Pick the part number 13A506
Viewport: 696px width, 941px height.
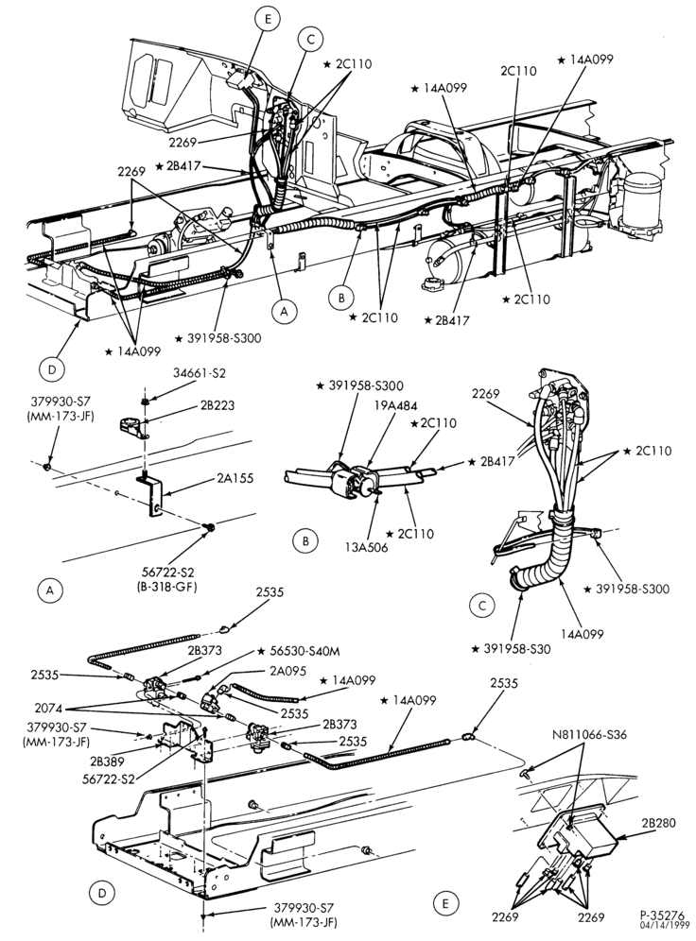(366, 547)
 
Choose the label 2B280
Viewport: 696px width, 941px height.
(657, 823)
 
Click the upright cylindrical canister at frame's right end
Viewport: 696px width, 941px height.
(642, 201)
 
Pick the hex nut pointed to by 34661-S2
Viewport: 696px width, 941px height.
(144, 400)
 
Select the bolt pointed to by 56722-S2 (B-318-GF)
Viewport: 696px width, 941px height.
(210, 527)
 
